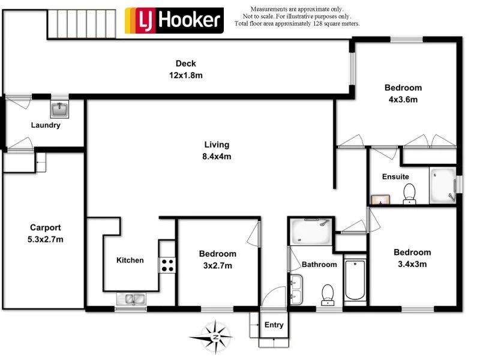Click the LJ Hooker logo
174,20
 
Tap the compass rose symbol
215,337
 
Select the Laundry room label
46,125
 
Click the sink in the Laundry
59,109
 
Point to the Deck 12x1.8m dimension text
185,76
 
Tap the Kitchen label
130,260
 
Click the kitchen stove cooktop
167,265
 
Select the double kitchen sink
130,298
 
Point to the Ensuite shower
443,186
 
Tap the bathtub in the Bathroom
355,280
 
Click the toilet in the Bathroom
328,293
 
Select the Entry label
274,325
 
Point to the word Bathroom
319,264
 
